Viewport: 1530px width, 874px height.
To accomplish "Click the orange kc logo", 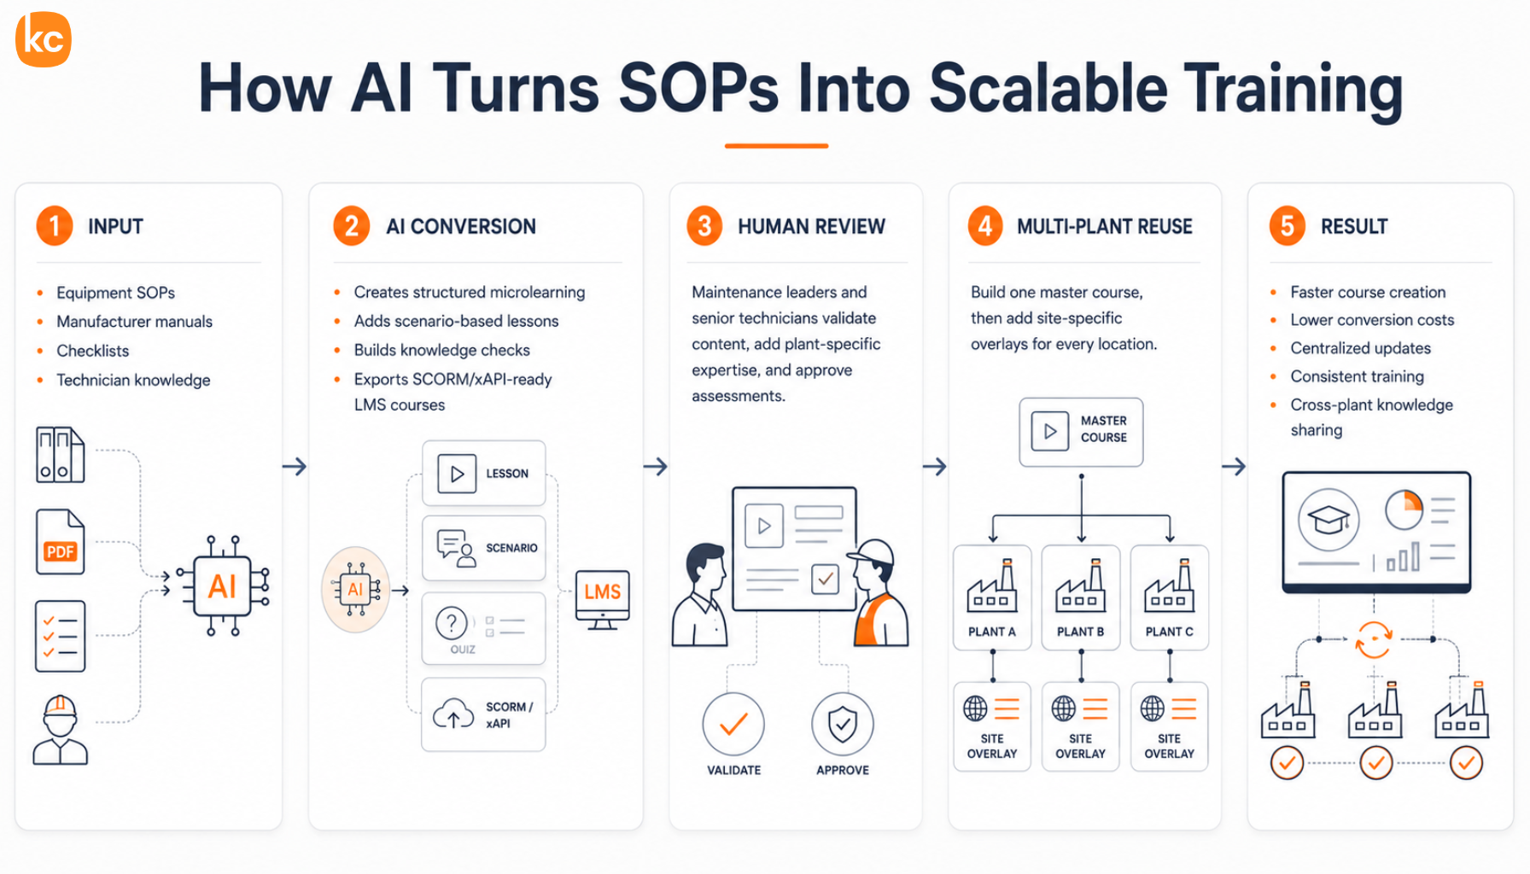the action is click(x=44, y=39).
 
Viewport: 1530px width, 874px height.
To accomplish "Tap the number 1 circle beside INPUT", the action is click(x=55, y=226).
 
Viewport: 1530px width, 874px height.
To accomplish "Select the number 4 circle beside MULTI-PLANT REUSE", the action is click(x=985, y=226).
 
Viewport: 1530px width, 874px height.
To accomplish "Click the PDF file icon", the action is click(x=60, y=542).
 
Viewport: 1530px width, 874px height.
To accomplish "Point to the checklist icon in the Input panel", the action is click(x=60, y=636).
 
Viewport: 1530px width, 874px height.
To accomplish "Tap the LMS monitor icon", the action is click(x=603, y=600).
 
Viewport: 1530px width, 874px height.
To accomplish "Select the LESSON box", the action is click(x=483, y=474).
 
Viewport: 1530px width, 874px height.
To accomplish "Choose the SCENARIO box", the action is click(x=483, y=548).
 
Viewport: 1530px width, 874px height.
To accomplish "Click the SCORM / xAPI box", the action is click(x=483, y=714).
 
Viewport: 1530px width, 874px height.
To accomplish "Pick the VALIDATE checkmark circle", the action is click(x=733, y=725).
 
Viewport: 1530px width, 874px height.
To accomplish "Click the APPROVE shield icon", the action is click(x=843, y=725).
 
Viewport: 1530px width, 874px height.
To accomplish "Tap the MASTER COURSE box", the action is click(x=1081, y=432).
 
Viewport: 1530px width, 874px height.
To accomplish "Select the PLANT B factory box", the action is click(x=1081, y=597).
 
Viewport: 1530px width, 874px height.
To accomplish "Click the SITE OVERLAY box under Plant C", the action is click(x=1170, y=726).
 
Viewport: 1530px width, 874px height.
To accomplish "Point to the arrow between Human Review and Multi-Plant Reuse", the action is click(x=935, y=467).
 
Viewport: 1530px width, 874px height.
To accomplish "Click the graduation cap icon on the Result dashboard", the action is click(x=1329, y=519).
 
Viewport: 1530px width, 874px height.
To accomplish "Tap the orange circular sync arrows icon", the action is click(x=1374, y=639).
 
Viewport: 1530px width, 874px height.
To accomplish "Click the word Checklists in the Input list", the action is click(x=93, y=351).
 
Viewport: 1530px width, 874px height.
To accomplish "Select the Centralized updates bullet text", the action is click(x=1361, y=348).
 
